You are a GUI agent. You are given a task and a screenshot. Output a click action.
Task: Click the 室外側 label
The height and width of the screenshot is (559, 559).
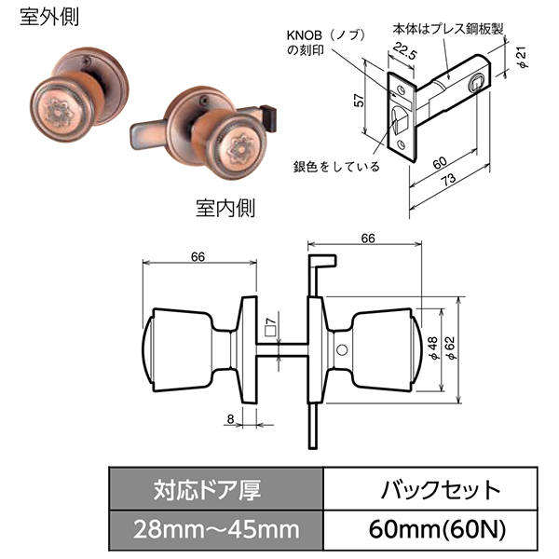[49, 18]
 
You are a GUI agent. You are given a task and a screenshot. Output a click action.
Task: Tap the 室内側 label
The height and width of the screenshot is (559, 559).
[225, 208]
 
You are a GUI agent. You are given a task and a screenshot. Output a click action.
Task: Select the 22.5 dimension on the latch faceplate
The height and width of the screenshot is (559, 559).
[404, 52]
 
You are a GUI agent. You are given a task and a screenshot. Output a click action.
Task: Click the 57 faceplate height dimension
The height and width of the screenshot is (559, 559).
[360, 101]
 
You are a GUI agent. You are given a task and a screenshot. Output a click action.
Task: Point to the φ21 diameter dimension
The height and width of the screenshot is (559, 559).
[523, 57]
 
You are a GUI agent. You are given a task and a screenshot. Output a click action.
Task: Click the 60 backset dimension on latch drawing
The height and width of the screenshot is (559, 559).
[440, 163]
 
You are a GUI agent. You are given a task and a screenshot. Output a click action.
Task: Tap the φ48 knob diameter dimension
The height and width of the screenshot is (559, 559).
[433, 348]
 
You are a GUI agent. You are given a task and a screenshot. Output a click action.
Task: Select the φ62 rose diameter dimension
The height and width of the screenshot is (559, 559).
[450, 348]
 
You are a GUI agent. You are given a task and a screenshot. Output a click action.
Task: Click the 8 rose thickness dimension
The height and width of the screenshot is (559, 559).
[231, 419]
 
